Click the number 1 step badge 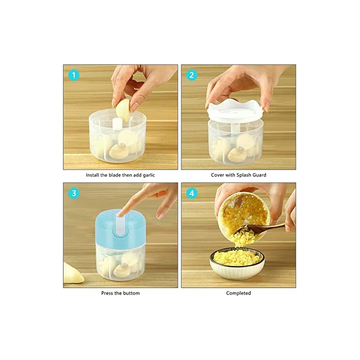coord(74,75)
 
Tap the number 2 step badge coord(192,75)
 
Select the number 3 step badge coord(74,193)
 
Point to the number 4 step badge coord(192,193)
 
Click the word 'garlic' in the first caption coord(149,175)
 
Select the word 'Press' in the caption coord(107,293)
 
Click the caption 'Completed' coord(238,293)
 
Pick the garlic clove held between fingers coord(123,110)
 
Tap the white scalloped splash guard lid coord(235,111)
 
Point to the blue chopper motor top coord(120,229)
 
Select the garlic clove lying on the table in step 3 coord(72,273)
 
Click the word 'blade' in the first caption coord(115,175)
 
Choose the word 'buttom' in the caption coord(131,293)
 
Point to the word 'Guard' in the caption coord(260,175)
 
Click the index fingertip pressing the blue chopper coord(120,214)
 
